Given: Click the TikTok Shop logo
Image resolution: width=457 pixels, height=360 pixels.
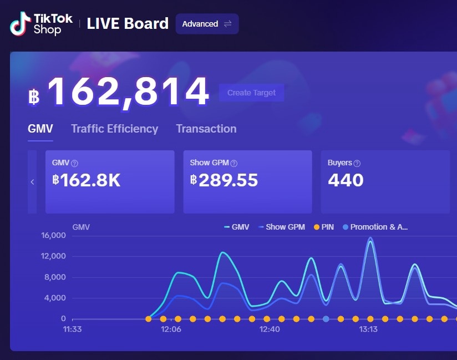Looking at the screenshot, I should (41, 24).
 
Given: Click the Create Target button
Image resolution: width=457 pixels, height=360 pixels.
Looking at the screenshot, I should (251, 93).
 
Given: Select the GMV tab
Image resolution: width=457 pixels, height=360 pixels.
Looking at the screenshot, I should (40, 129).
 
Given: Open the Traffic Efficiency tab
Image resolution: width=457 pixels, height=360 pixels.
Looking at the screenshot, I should (114, 129).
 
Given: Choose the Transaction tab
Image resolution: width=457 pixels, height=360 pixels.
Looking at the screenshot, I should (206, 129).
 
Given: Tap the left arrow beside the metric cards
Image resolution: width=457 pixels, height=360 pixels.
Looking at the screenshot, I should (32, 182).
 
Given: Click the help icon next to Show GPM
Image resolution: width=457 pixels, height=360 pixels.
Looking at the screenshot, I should (234, 164).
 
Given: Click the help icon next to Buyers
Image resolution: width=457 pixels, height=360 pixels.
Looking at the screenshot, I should (357, 164).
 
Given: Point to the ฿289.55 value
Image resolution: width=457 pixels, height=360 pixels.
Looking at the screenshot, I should (224, 180).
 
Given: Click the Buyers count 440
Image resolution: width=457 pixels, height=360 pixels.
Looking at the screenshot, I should (346, 180).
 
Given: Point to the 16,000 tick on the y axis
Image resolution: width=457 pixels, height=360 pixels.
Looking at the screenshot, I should (54, 235).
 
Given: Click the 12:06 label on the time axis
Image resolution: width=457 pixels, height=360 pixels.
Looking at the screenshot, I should (171, 329).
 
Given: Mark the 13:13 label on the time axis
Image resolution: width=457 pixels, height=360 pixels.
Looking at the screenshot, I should (368, 329).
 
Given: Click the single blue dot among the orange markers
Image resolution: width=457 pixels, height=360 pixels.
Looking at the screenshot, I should (326, 319).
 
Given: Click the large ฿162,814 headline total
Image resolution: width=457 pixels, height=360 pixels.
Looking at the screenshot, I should (119, 93).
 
